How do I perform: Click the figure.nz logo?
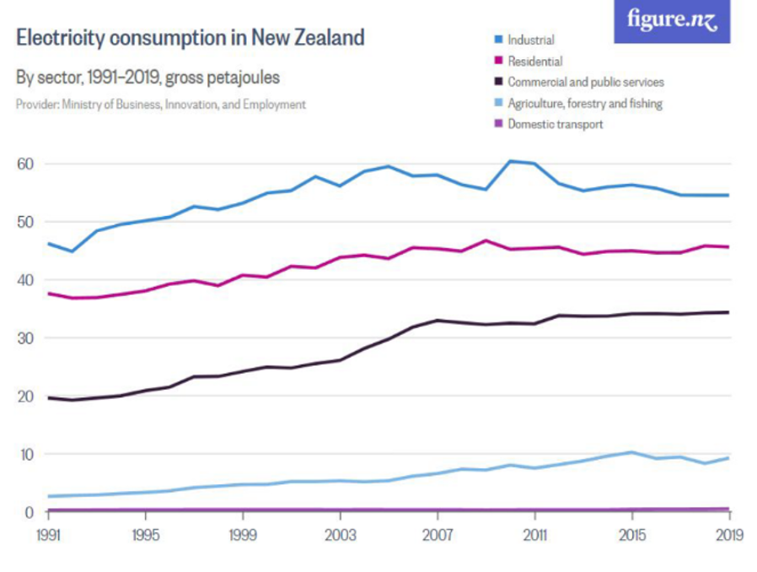[672, 20]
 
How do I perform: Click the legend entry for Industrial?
[530, 40]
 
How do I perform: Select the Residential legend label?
[534, 61]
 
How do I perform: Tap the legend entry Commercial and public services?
[585, 82]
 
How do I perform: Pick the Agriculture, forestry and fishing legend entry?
[584, 103]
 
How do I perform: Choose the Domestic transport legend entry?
[555, 124]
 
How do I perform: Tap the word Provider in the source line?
[36, 105]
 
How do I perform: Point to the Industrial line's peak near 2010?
[510, 160]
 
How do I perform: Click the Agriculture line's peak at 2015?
[631, 452]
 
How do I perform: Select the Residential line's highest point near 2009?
[486, 240]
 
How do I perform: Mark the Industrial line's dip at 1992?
[72, 251]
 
